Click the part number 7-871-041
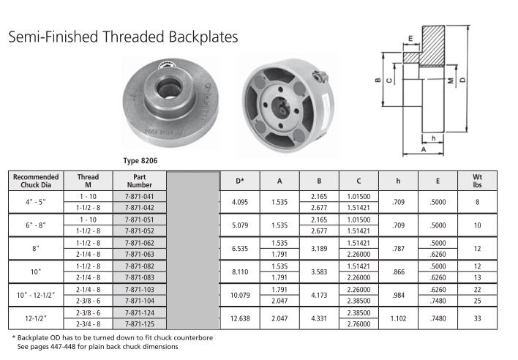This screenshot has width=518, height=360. point(140,197)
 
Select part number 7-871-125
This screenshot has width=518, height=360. point(140,324)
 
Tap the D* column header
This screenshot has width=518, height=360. point(240,181)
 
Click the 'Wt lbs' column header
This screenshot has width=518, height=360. point(477,181)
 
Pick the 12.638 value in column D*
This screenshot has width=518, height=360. point(240,318)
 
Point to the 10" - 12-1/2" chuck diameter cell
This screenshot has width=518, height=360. point(36,295)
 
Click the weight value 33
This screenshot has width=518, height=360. point(477,318)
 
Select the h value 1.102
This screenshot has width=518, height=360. point(398,318)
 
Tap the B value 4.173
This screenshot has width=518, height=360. point(319,295)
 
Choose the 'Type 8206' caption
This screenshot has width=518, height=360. point(140,161)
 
